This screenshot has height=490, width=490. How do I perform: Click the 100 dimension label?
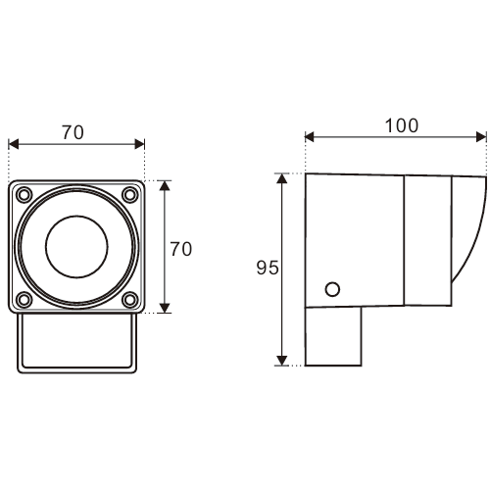tap(402, 125)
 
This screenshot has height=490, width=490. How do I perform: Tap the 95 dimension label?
tap(268, 268)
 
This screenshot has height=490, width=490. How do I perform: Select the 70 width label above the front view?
tap(73, 132)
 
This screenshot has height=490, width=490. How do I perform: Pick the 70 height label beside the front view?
tap(180, 249)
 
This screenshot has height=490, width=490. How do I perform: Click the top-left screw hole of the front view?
tap(24, 195)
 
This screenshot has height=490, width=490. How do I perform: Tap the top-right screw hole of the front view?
tap(130, 195)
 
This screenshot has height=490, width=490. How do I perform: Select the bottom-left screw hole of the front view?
tap(24, 300)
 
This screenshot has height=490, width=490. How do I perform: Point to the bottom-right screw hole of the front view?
tap(130, 300)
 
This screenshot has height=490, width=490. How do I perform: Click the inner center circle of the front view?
tap(76, 247)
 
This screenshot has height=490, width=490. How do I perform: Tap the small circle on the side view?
tap(332, 289)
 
